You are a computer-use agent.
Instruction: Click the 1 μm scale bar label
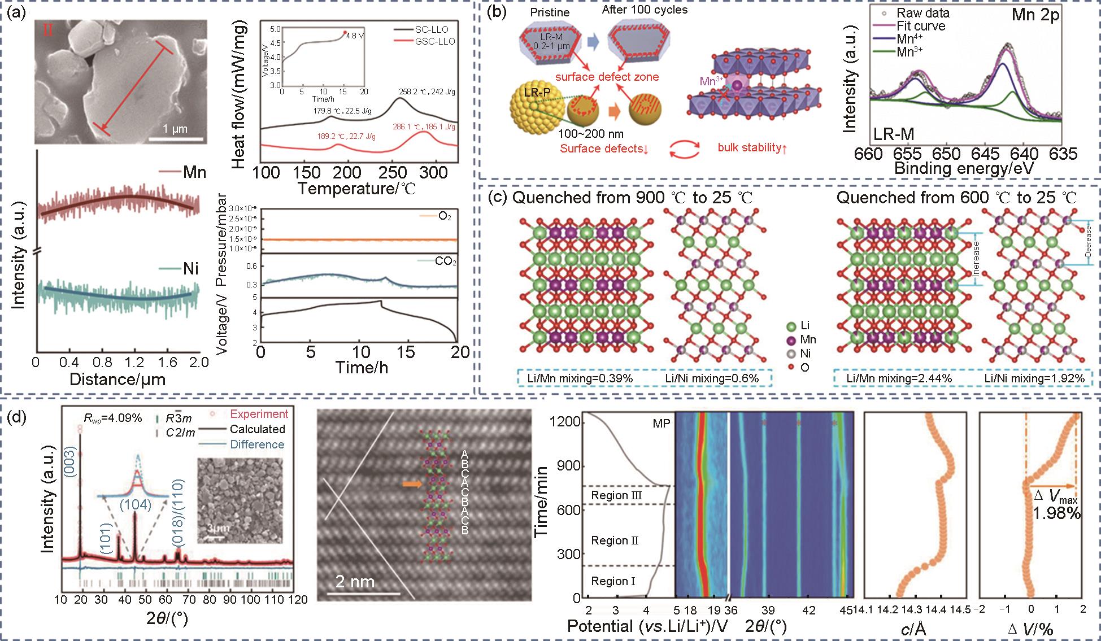175,129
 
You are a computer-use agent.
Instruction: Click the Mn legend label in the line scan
194,173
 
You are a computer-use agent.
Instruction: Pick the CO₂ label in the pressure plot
445,261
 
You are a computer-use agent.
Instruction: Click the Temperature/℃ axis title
356,189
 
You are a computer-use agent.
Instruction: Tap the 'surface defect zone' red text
607,77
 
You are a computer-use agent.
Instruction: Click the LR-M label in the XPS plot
894,134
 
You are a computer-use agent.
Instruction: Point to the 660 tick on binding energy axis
868,154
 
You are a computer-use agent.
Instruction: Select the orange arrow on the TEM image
411,484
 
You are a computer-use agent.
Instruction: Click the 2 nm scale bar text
355,582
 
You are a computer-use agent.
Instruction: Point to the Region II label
615,540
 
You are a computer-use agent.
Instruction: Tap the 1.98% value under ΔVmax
1056,513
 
